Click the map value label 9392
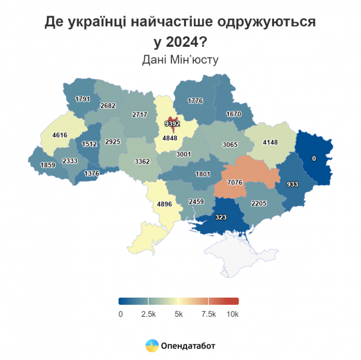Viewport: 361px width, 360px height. pyautogui.click(x=172, y=124)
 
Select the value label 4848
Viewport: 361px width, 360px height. pyautogui.click(x=170, y=139)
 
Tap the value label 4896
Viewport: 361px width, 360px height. pyautogui.click(x=164, y=204)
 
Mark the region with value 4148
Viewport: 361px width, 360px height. pyautogui.click(x=270, y=143)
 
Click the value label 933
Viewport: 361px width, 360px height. pyautogui.click(x=293, y=184)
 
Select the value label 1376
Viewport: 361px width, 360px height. pyautogui.click(x=92, y=173)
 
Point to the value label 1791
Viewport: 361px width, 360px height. pyautogui.click(x=83, y=99)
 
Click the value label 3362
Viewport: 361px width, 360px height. pyautogui.click(x=142, y=161)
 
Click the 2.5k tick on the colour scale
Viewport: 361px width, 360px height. pyautogui.click(x=149, y=314)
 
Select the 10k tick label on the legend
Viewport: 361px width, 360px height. pyautogui.click(x=232, y=314)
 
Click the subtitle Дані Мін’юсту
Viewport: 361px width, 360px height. pyautogui.click(x=180, y=60)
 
